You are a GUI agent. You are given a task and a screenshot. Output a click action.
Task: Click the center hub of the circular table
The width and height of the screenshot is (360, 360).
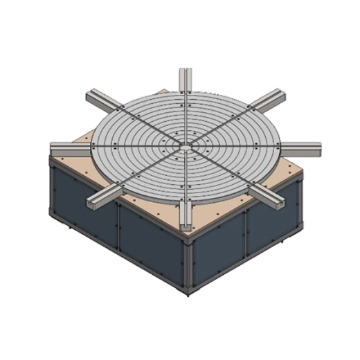pos(186,145)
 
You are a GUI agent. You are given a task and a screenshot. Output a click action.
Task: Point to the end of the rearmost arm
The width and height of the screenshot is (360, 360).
pos(185,72)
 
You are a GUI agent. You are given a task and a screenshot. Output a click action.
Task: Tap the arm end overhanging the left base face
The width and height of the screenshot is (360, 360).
pos(94,202)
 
